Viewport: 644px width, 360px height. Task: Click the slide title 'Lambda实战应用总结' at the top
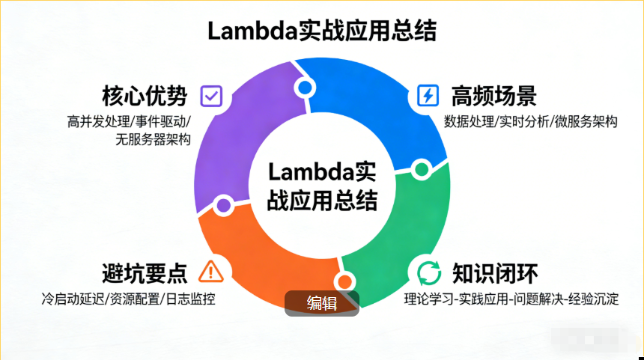pos(321,31)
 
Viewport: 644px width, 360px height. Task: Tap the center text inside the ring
pos(322,186)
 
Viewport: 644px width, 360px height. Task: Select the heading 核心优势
pos(145,97)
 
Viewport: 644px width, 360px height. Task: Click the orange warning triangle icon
pos(211,270)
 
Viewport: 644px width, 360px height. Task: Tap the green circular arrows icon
pos(428,271)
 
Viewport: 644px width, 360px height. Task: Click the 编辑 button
pos(322,303)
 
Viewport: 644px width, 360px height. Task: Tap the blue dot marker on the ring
pos(305,88)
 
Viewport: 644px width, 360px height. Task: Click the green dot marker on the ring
pos(421,169)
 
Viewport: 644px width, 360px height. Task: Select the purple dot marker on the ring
pos(223,204)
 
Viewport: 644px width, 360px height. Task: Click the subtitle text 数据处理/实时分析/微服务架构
pos(530,122)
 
